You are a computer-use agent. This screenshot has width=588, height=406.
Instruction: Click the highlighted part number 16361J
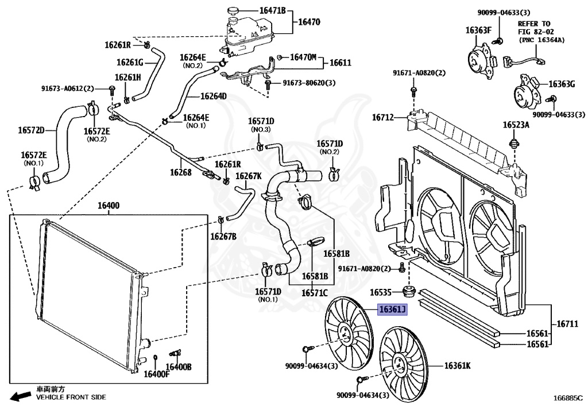coord(392,311)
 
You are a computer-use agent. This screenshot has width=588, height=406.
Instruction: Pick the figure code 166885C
coord(567,397)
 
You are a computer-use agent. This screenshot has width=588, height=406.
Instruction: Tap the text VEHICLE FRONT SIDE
coord(71,397)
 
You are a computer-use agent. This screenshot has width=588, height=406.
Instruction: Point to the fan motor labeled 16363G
coord(528,91)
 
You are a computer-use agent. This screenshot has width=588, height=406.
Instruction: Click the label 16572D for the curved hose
coord(31,130)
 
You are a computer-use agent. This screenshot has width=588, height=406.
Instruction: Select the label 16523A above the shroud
coord(516,125)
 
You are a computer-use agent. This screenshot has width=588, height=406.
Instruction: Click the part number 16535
coord(381,291)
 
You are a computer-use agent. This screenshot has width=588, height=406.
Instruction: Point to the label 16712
coord(382,118)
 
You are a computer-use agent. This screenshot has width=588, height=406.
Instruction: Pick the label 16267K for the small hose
coord(249,176)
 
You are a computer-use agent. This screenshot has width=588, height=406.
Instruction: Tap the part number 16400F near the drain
coord(157,374)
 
